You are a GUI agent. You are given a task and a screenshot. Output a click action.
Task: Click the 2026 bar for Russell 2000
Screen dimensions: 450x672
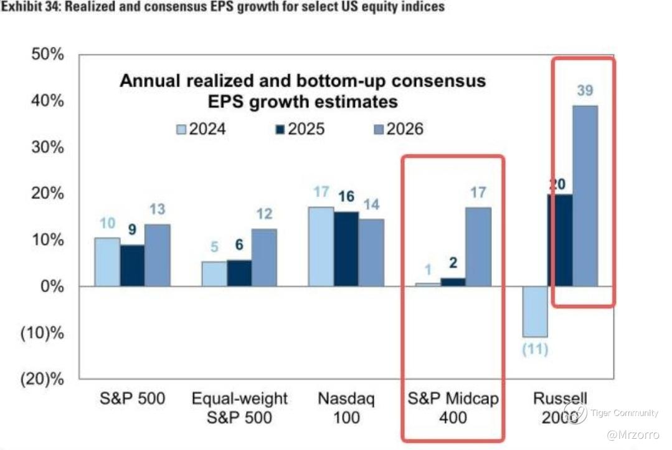pos(585,196)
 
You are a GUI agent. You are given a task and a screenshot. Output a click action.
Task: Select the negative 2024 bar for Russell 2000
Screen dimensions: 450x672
pos(534,311)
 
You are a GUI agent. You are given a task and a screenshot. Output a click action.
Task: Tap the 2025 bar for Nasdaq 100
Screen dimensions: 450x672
pos(346,249)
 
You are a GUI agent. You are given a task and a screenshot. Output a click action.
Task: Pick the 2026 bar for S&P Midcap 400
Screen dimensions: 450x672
pos(478,247)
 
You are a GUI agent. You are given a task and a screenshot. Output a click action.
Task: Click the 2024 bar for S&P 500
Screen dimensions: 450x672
pos(107,262)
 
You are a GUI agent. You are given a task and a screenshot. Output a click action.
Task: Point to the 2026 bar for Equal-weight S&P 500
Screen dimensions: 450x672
pos(264,257)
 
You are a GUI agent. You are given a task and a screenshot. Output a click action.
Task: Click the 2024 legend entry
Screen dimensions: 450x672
pos(200,130)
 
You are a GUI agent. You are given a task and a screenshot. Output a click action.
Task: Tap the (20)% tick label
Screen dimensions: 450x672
pos(41,379)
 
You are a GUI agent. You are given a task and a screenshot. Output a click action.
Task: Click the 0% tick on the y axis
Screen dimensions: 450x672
pos(52,287)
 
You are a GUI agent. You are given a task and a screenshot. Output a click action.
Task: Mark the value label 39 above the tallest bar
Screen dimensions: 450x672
pos(585,91)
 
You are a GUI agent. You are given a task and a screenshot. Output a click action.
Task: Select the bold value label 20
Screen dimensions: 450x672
pos(559,184)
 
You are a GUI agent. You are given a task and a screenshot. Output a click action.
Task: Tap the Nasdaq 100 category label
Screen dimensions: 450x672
pos(346,408)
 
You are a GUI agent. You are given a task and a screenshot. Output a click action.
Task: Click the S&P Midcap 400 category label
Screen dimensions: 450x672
pos(453,408)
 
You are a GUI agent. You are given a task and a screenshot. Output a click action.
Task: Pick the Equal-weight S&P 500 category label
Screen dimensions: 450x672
pos(240,408)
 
